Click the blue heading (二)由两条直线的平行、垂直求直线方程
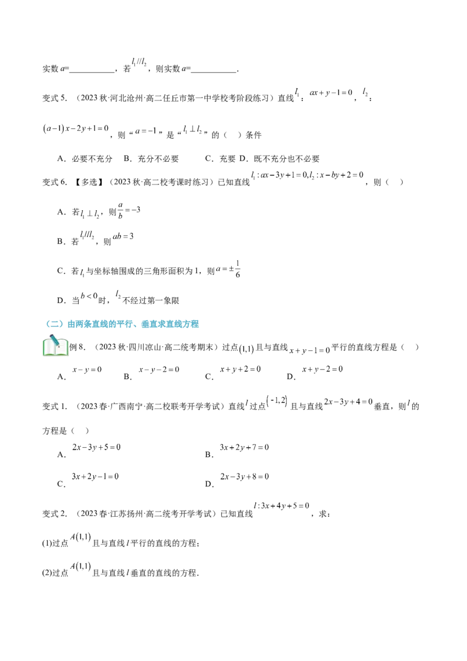point(122,323)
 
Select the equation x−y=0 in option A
point(87,369)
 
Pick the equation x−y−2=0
point(159,369)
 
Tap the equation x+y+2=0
point(241,369)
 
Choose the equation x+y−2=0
point(322,369)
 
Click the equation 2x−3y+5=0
point(96,447)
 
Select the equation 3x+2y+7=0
point(245,447)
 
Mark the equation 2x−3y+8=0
point(245,476)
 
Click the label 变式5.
point(55,98)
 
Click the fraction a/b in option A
point(120,210)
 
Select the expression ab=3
point(123,236)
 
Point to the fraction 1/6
point(238,269)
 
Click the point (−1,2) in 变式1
point(277,401)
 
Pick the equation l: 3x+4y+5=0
point(281,506)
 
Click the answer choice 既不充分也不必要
point(287,159)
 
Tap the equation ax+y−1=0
point(331,93)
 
